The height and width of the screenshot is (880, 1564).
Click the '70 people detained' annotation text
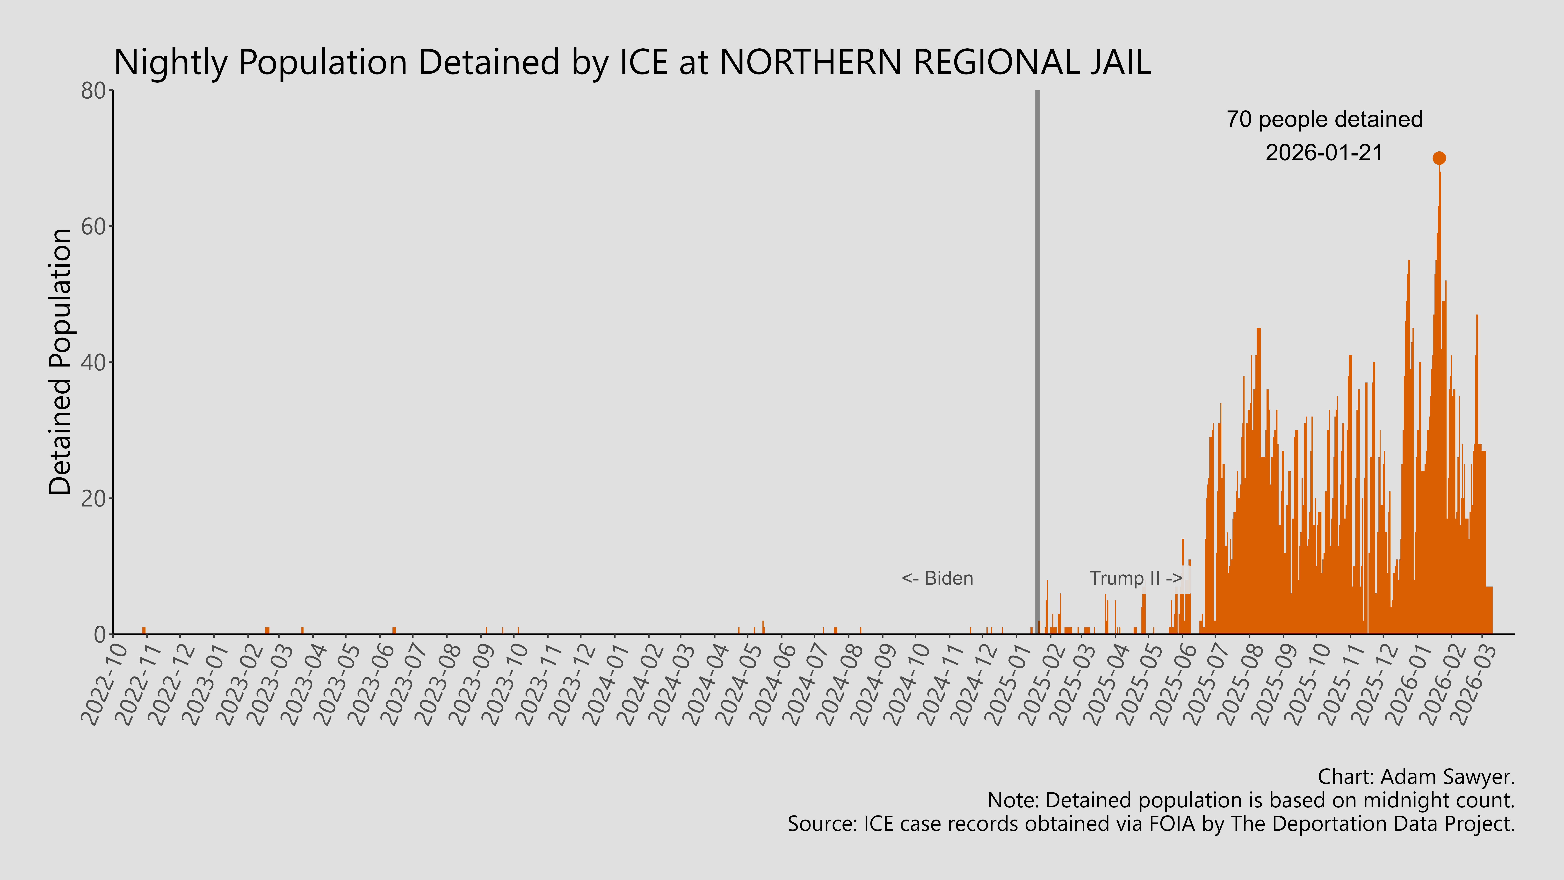pos(1324,120)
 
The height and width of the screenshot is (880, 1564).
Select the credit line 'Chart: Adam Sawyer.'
pos(1416,777)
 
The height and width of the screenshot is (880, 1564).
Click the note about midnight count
pos(1251,800)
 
